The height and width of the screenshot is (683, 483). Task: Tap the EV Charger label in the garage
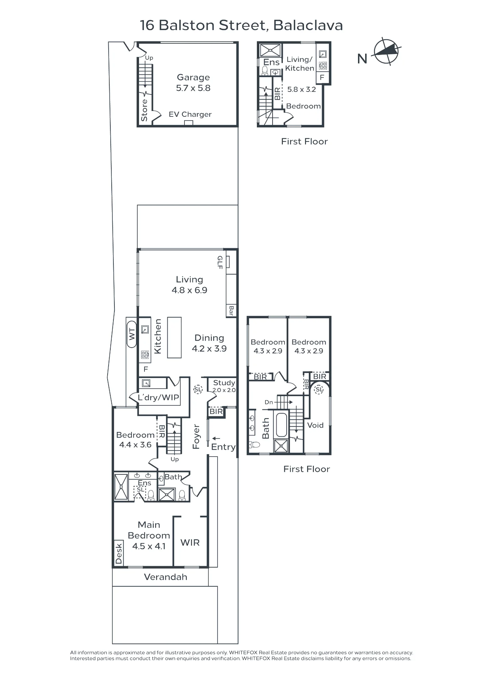[190, 114]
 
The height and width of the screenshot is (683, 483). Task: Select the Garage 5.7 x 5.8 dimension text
[193, 88]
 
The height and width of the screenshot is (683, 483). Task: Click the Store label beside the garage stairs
[144, 110]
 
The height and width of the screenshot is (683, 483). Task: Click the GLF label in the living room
[220, 262]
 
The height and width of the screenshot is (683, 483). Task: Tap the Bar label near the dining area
[231, 310]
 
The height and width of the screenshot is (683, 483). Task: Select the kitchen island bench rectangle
[174, 337]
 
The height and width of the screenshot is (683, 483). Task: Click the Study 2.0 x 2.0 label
[224, 386]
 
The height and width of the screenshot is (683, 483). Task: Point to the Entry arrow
[216, 438]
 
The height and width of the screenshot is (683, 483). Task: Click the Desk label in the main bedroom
[119, 554]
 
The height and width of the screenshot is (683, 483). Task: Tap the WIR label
[190, 543]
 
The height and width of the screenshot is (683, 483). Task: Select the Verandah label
[166, 577]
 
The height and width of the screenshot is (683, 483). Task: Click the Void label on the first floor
[315, 425]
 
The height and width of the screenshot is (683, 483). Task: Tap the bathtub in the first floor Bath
[282, 425]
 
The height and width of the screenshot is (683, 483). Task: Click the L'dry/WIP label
[158, 398]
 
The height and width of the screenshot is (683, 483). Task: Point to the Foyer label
[196, 437]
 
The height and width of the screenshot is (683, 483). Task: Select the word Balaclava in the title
[308, 26]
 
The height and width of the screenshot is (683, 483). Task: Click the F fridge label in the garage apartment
[322, 78]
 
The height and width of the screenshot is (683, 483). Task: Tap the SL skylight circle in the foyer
[198, 389]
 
